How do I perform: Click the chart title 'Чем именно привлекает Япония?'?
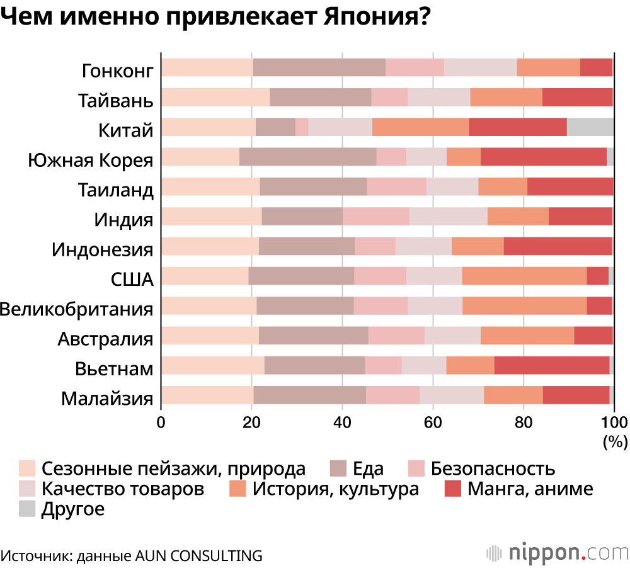(215, 17)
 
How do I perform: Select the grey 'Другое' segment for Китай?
(590, 127)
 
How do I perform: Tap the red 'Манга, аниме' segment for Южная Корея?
(543, 157)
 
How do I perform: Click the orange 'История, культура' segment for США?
(524, 276)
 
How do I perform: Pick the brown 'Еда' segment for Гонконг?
(319, 67)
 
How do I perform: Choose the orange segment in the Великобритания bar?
(524, 306)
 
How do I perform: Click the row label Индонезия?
(103, 249)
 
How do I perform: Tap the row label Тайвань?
(116, 100)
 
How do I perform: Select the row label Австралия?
(106, 339)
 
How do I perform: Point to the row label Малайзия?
(108, 399)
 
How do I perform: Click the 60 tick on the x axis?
(432, 422)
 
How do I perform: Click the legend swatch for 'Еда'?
(338, 468)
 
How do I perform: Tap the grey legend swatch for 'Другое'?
(26, 509)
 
